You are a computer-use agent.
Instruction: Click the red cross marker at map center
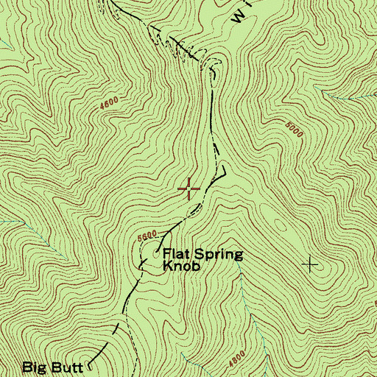click(x=189, y=189)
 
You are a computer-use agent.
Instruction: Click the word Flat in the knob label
click(x=175, y=255)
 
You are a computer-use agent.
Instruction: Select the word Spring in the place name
click(x=216, y=256)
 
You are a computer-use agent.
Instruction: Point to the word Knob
click(x=180, y=268)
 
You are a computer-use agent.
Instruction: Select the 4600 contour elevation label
click(x=109, y=108)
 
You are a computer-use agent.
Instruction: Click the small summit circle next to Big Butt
click(x=91, y=364)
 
